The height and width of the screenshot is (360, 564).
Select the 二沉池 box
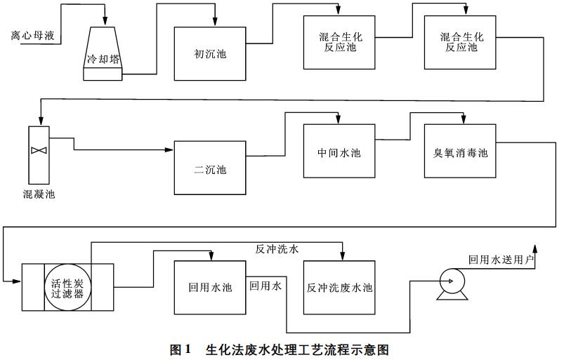coord(211,168)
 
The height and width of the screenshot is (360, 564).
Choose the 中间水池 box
coord(340,152)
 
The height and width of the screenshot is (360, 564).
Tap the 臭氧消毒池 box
coord(461,152)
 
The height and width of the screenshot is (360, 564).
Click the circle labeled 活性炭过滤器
coord(68,287)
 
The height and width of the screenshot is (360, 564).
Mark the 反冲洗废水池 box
coord(340,287)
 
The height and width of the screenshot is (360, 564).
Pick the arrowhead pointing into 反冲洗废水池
coord(343,256)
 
